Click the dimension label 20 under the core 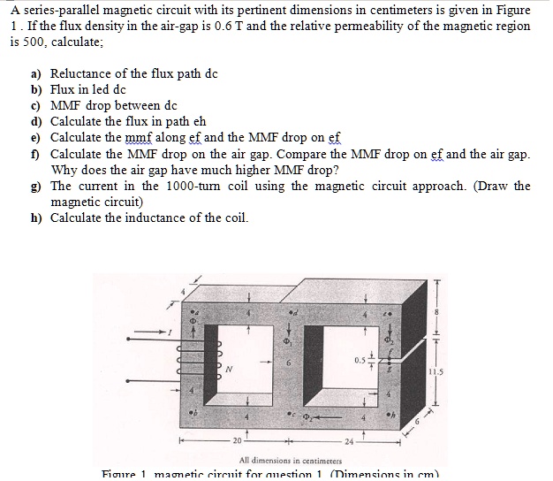pyautogui.click(x=238, y=440)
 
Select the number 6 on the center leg pyautogui.click(x=286, y=363)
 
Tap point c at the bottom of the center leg pyautogui.click(x=289, y=413)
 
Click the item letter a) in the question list pyautogui.click(x=37, y=75)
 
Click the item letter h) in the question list pyautogui.click(x=37, y=218)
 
